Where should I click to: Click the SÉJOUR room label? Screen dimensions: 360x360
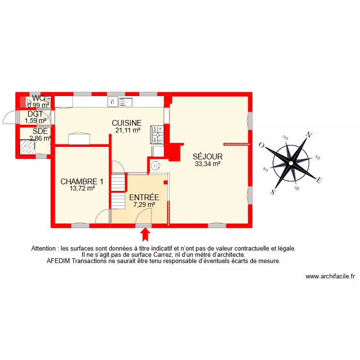pos(207,156)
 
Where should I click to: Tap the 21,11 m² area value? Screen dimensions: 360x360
pos(128,130)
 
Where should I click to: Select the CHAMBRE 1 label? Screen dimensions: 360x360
pos(82,181)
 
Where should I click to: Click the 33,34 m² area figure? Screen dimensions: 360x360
pos(207,164)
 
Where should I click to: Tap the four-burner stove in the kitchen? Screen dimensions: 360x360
pos(157,135)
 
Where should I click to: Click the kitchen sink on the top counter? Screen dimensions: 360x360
pos(126,102)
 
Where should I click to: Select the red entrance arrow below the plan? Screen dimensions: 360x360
pos(145,234)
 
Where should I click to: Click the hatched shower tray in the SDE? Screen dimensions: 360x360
pos(27,147)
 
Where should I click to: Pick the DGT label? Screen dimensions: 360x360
pos(35,114)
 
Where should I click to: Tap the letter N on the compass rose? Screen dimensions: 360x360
pos(310,135)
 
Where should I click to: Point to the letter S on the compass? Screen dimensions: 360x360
pos(273,192)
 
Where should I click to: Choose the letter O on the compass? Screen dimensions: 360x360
pos(262,144)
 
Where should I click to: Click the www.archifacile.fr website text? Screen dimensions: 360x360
pos(330,276)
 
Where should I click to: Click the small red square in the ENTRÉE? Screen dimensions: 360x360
pos(166,182)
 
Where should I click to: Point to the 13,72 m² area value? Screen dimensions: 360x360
pos(82,189)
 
